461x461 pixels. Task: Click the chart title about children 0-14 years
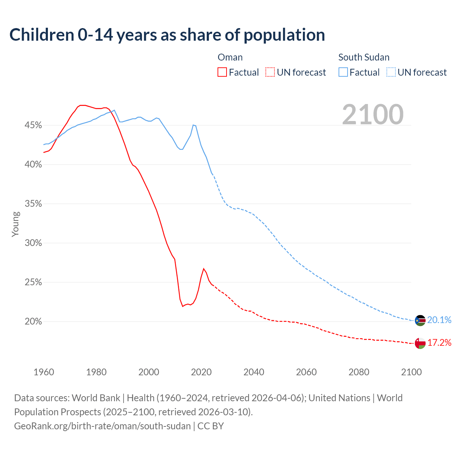(x=167, y=35)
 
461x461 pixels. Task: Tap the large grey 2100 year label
(x=373, y=115)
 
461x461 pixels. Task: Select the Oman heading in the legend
(x=230, y=57)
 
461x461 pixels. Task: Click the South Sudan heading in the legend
(x=364, y=57)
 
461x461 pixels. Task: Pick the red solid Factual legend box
(x=222, y=72)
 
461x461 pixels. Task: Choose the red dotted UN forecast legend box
(x=270, y=72)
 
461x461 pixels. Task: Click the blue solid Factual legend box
(x=343, y=72)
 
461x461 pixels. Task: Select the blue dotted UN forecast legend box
(x=391, y=72)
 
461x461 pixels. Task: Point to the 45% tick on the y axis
(x=33, y=125)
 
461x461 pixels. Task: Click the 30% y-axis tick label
(x=33, y=243)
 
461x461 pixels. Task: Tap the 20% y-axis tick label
(x=33, y=322)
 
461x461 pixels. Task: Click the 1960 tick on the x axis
(x=44, y=372)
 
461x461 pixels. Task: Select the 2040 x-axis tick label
(x=254, y=372)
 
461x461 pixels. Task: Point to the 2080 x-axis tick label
(x=359, y=372)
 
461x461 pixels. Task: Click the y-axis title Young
(x=15, y=224)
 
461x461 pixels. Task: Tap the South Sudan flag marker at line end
(x=420, y=320)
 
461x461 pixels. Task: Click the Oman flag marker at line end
(x=420, y=343)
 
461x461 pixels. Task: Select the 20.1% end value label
(x=439, y=320)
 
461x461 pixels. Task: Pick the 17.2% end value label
(x=439, y=343)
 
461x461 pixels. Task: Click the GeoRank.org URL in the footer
(x=102, y=426)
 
